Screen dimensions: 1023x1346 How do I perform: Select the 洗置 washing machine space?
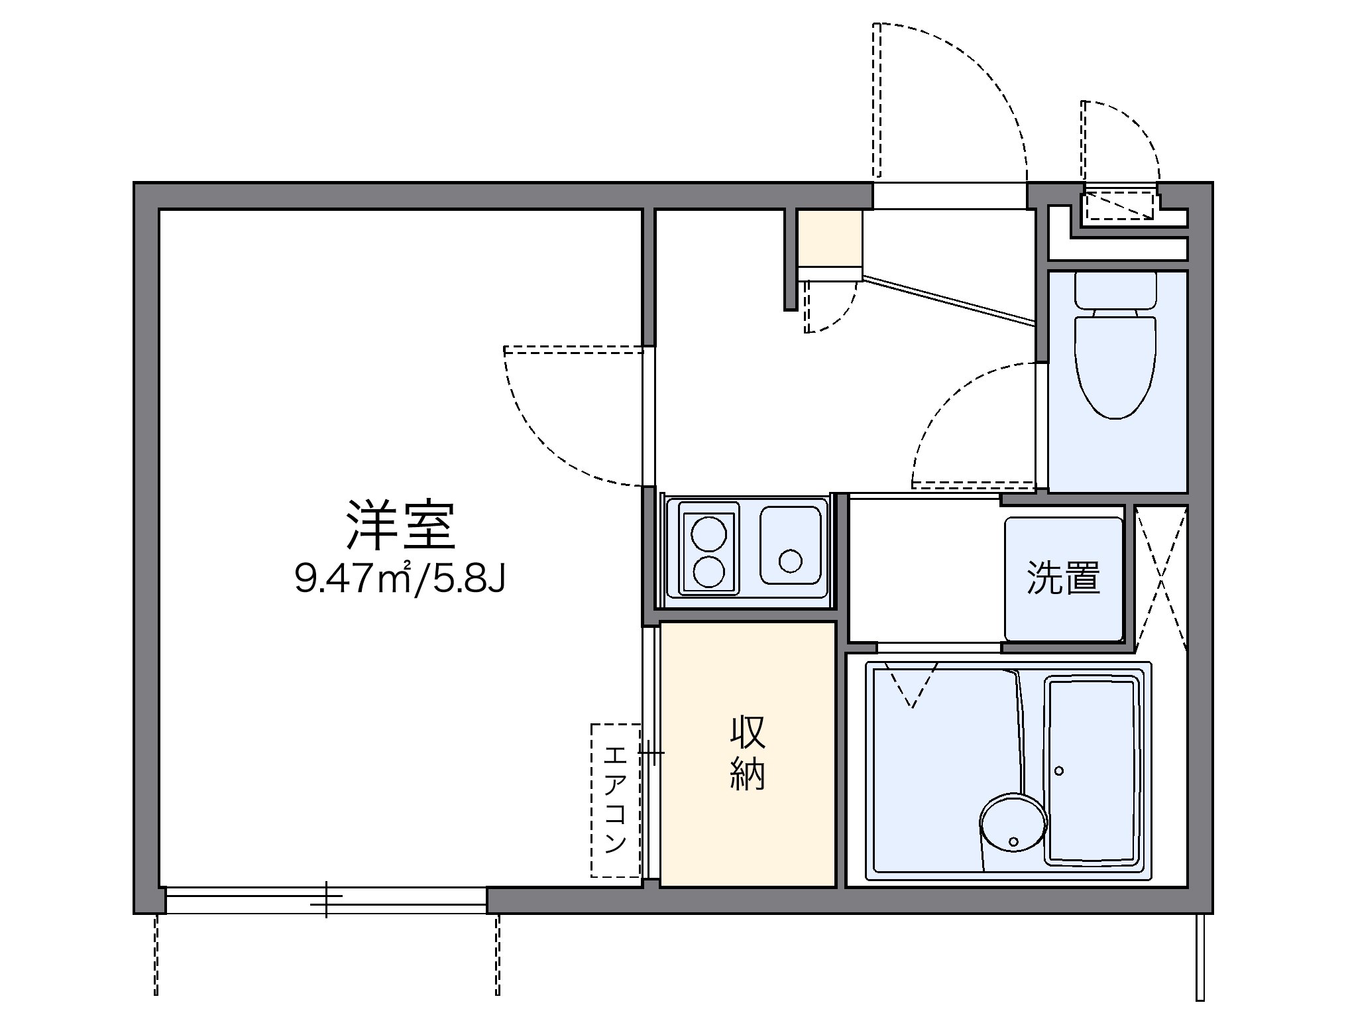pyautogui.click(x=1063, y=578)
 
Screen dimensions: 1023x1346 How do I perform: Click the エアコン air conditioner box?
pyautogui.click(x=616, y=800)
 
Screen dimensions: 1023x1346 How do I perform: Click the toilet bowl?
pyautogui.click(x=1115, y=367)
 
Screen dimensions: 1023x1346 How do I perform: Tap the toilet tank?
pyautogui.click(x=1115, y=290)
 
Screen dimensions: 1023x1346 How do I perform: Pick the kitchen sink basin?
pyautogui.click(x=790, y=546)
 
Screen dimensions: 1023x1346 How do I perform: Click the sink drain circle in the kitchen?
pyautogui.click(x=790, y=561)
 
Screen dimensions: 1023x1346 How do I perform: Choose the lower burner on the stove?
pyautogui.click(x=708, y=571)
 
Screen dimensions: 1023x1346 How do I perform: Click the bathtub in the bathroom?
pyautogui.click(x=1094, y=771)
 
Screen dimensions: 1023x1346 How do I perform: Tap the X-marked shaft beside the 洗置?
pyautogui.click(x=1160, y=577)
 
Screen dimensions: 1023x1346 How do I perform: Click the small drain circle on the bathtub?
pyautogui.click(x=1058, y=771)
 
